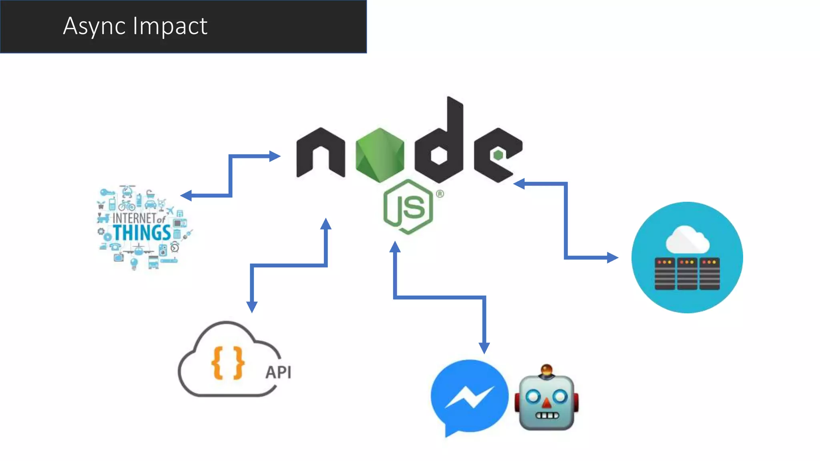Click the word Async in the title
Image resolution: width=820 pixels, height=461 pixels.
94,26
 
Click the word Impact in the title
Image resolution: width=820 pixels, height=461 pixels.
170,26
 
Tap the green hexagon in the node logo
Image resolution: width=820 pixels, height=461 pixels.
380,154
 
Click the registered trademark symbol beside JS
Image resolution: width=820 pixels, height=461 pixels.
440,194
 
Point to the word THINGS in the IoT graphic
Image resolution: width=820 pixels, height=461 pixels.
142,233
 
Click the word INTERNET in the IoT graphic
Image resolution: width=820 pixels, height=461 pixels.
134,218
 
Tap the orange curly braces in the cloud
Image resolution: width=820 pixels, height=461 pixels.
228,363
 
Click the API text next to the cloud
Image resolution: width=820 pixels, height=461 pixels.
278,372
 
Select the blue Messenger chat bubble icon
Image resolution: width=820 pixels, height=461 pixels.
469,396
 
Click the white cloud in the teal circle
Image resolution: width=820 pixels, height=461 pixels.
687,239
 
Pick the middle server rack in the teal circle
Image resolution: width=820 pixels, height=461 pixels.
687,274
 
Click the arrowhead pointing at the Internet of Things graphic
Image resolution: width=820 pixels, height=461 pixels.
185,195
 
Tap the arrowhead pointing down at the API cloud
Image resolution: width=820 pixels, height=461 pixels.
252,307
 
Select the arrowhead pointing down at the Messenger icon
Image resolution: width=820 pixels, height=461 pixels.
484,348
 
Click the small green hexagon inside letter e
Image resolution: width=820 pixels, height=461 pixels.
498,155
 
